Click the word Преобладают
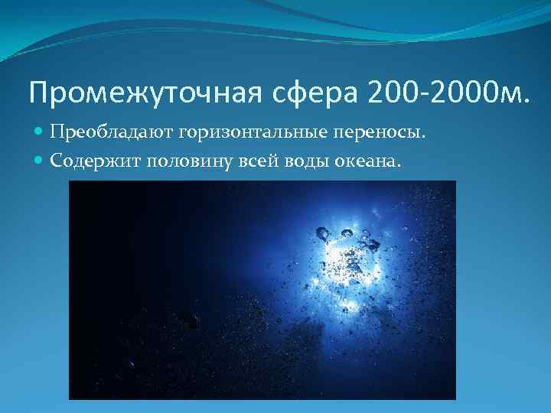(x=112, y=134)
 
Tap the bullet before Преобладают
(x=40, y=135)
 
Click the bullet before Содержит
(x=40, y=161)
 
